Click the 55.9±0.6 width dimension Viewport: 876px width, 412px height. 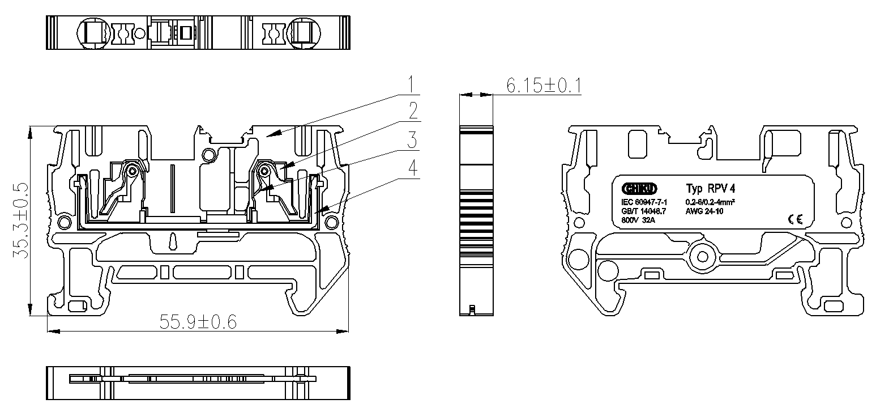pyautogui.click(x=198, y=322)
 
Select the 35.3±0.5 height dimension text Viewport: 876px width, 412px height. pyautogui.click(x=21, y=220)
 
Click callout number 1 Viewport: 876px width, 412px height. pyautogui.click(x=413, y=84)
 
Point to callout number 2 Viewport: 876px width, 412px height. pyautogui.click(x=413, y=111)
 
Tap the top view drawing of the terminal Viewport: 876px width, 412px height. pyautogui.click(x=198, y=33)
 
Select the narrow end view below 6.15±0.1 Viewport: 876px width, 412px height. pyautogui.click(x=476, y=221)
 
